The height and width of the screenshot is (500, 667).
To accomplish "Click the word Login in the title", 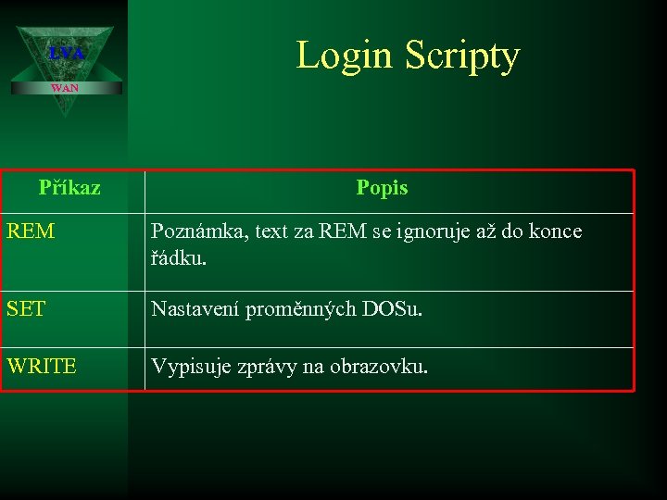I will [x=345, y=56].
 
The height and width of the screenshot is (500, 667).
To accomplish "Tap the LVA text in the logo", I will [x=66, y=54].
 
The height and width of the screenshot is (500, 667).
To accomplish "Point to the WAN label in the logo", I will [x=65, y=88].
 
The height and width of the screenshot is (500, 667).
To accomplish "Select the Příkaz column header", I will [x=69, y=188].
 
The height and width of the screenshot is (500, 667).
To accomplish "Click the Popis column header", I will [x=382, y=188].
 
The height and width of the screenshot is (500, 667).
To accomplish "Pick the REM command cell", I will [x=31, y=231].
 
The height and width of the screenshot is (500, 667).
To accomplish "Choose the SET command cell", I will [x=26, y=309].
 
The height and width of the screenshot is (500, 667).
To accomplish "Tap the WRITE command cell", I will [x=42, y=367].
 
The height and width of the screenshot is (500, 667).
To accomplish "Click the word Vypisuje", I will [x=189, y=368].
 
